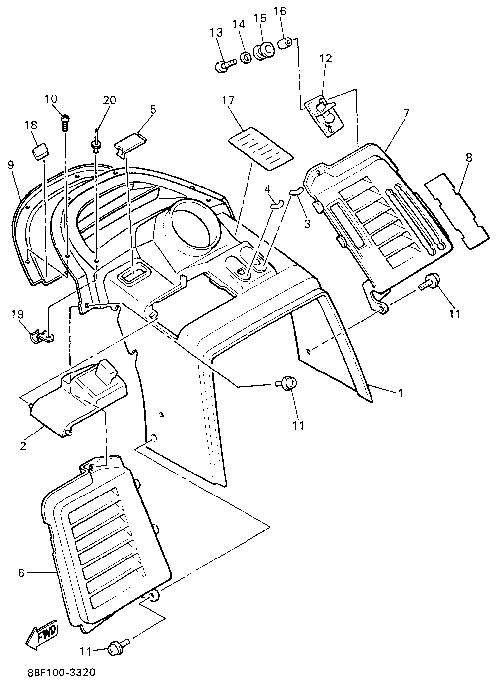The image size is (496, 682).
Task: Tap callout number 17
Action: (x=228, y=101)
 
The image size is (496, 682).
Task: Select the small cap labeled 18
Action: (x=40, y=151)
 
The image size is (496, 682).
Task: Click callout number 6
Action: (x=21, y=573)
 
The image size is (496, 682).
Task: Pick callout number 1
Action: (x=399, y=393)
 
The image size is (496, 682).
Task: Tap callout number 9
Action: (x=10, y=164)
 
